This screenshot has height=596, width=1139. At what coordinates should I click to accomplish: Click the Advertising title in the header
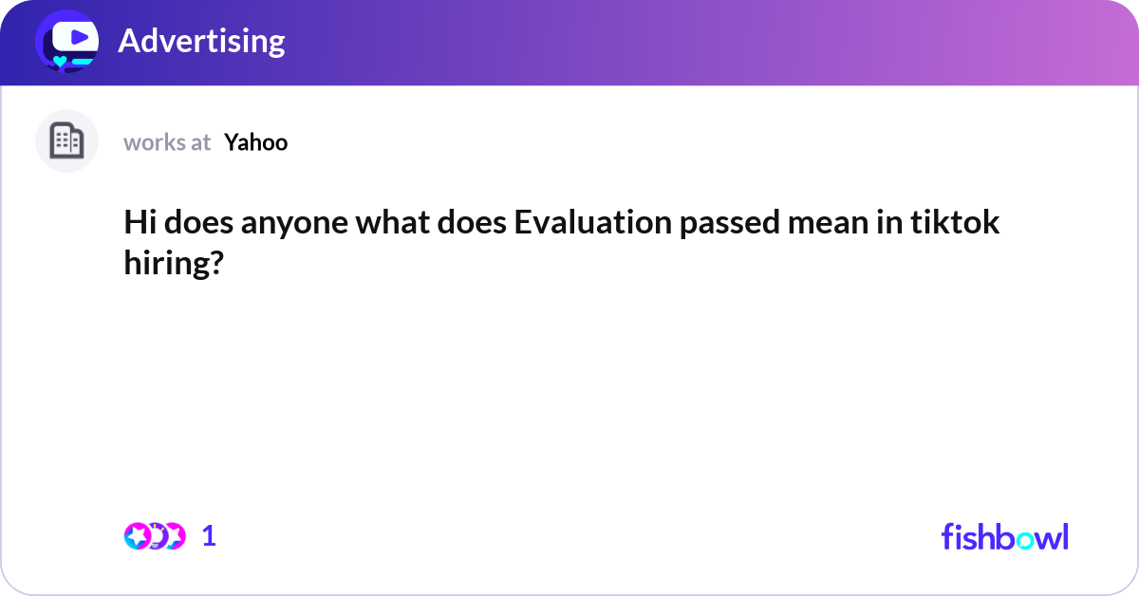point(201,41)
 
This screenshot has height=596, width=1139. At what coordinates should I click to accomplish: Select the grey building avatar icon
point(66,141)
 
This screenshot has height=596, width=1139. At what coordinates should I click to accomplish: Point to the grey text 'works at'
point(167,142)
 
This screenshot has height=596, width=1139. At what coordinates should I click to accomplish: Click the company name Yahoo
point(255,142)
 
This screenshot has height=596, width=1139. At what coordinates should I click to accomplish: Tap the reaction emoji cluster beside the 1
point(154,536)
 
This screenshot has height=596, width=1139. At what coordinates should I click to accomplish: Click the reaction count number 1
point(209,536)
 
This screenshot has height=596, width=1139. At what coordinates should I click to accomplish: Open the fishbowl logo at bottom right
point(1004,536)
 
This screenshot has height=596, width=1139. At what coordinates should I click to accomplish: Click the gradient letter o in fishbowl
point(1019,539)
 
